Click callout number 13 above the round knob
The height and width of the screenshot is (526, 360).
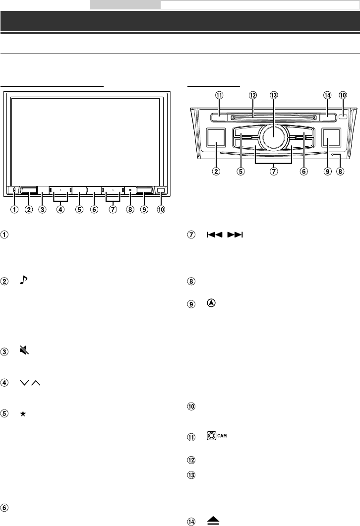pyautogui.click(x=272, y=95)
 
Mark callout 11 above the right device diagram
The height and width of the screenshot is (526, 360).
pyautogui.click(x=218, y=95)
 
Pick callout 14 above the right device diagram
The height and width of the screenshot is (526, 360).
pyautogui.click(x=326, y=95)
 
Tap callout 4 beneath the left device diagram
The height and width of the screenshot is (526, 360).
pyautogui.click(x=60, y=209)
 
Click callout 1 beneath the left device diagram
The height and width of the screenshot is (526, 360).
pyautogui.click(x=14, y=209)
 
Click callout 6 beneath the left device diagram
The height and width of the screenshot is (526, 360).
pyautogui.click(x=94, y=209)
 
